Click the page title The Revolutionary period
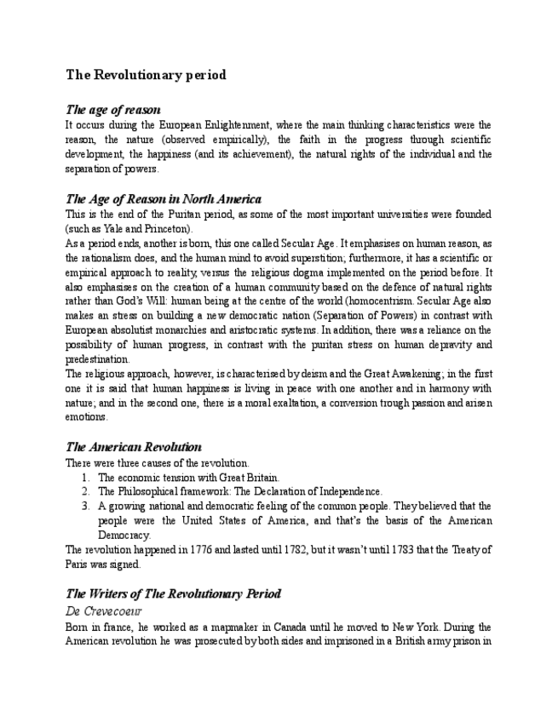click(x=146, y=75)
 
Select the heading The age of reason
click(x=113, y=110)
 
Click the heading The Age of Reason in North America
click(x=164, y=199)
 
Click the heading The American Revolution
click(x=134, y=447)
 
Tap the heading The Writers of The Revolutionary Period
click(x=174, y=593)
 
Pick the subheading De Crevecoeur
click(x=103, y=611)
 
